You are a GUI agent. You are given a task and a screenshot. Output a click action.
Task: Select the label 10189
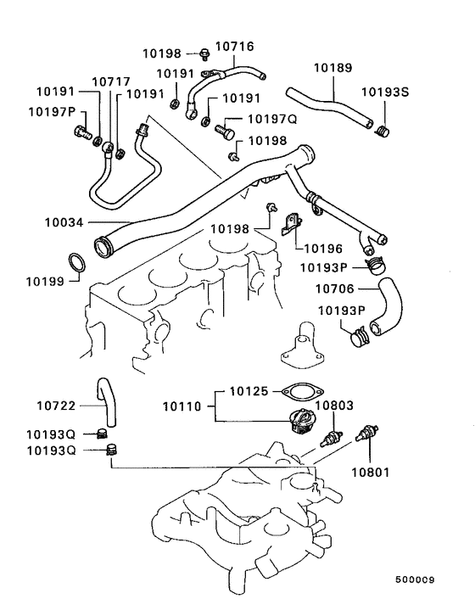click(x=332, y=67)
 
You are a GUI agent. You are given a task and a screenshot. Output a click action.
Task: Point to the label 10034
click(x=65, y=223)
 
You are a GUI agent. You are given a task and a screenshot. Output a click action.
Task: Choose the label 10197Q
click(x=271, y=120)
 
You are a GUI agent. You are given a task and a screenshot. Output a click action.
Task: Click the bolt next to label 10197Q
click(x=226, y=132)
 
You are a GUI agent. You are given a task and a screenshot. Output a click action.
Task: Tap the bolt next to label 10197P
click(x=82, y=132)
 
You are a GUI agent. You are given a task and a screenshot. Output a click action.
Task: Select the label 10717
click(x=105, y=81)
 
